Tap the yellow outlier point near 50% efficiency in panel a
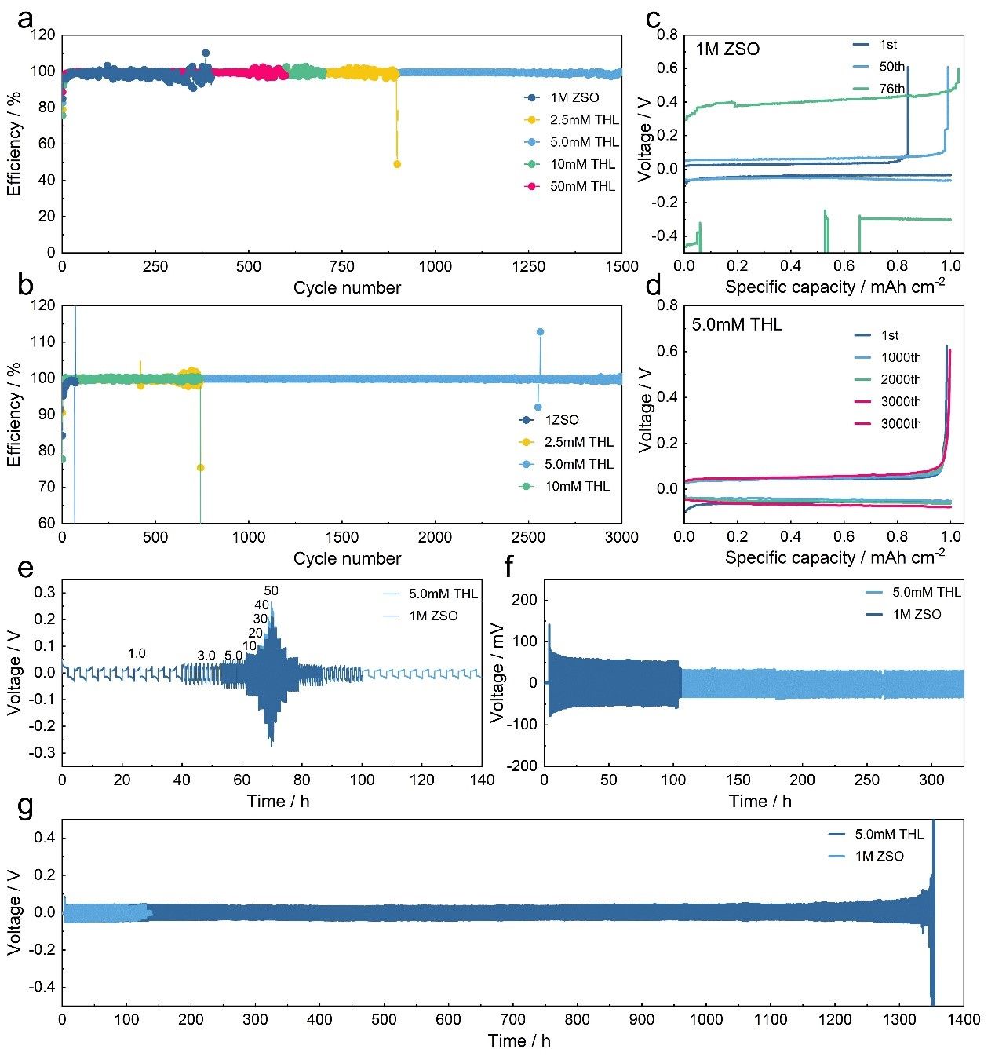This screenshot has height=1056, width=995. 397,164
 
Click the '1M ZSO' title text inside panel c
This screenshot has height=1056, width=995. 727,49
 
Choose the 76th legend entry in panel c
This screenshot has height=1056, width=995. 891,89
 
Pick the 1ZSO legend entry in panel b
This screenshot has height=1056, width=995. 562,420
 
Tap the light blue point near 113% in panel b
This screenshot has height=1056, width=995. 540,332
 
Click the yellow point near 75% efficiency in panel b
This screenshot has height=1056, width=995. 200,468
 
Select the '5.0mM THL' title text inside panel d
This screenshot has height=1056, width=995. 737,324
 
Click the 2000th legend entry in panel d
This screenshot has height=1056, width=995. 900,379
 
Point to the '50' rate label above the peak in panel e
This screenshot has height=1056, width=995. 272,590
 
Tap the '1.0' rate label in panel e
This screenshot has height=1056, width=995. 137,653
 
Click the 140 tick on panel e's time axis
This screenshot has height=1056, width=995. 482,780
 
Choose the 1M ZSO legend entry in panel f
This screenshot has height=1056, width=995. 917,614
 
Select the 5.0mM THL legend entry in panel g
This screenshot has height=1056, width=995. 889,834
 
